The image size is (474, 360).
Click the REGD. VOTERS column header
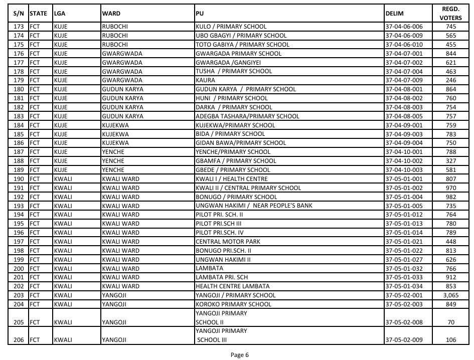(450, 14)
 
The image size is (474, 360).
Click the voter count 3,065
(450, 295)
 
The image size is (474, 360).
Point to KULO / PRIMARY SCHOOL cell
(231, 27)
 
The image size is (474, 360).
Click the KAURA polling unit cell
(205, 80)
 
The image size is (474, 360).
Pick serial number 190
(19, 179)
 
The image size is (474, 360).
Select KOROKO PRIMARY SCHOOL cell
(233, 304)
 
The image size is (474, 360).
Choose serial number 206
(19, 340)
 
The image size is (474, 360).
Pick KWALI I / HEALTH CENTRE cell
(231, 179)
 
